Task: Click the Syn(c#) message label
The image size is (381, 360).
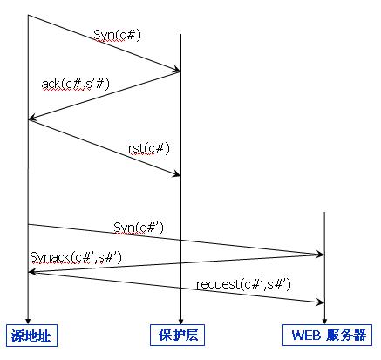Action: tap(117, 36)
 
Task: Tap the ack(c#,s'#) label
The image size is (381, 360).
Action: tap(76, 85)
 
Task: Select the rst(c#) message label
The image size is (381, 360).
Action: tap(149, 148)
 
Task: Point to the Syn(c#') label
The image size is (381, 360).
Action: tap(139, 228)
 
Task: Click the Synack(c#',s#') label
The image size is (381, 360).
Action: tap(76, 257)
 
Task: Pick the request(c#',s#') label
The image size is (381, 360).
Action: tap(243, 284)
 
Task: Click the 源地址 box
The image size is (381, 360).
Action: tap(31, 336)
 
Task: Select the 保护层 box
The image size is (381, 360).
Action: tap(177, 336)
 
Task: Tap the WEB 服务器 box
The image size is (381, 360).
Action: tap(327, 336)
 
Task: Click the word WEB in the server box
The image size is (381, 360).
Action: tap(307, 336)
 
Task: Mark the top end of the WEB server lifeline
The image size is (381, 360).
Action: tap(324, 212)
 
